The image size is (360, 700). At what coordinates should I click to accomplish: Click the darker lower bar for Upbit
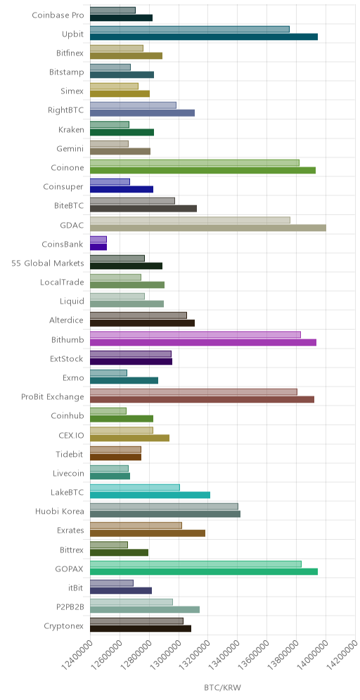click(204, 37)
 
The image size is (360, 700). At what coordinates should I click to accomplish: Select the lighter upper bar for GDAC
click(190, 220)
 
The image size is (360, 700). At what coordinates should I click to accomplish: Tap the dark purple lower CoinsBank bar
click(98, 247)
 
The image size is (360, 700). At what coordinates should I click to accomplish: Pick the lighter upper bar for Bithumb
click(195, 335)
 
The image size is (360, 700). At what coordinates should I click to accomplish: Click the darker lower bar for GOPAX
click(204, 571)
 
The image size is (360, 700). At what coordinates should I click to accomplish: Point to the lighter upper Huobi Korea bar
click(164, 506)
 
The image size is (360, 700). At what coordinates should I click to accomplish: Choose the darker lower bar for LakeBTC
click(150, 495)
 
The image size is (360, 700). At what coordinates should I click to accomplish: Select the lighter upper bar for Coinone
click(195, 163)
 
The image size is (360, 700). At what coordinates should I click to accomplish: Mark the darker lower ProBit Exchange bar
click(202, 400)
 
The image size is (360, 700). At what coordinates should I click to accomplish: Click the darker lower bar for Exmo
click(124, 380)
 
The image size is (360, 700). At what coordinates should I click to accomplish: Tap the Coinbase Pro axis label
click(58, 15)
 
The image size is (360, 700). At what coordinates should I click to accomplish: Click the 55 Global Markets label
click(48, 263)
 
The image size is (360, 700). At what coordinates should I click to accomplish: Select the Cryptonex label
click(64, 626)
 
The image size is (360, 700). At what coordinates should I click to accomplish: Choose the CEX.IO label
click(72, 435)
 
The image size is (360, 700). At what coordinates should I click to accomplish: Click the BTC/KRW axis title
click(222, 687)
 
